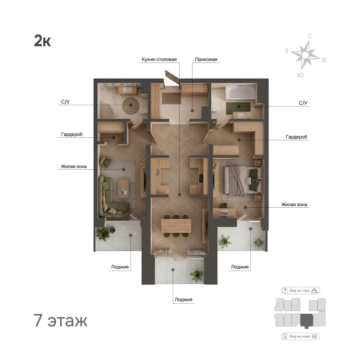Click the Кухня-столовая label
click(159, 59)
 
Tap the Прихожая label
click(206, 59)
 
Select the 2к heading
click(42, 41)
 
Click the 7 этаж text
click(60, 320)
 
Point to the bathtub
click(240, 92)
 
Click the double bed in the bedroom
click(243, 180)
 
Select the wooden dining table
click(176, 226)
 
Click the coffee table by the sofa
click(123, 188)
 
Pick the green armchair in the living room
click(106, 161)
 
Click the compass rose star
click(305, 55)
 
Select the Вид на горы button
click(301, 290)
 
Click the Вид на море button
click(301, 336)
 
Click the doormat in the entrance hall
click(171, 98)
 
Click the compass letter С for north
click(310, 36)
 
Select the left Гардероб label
click(72, 134)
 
